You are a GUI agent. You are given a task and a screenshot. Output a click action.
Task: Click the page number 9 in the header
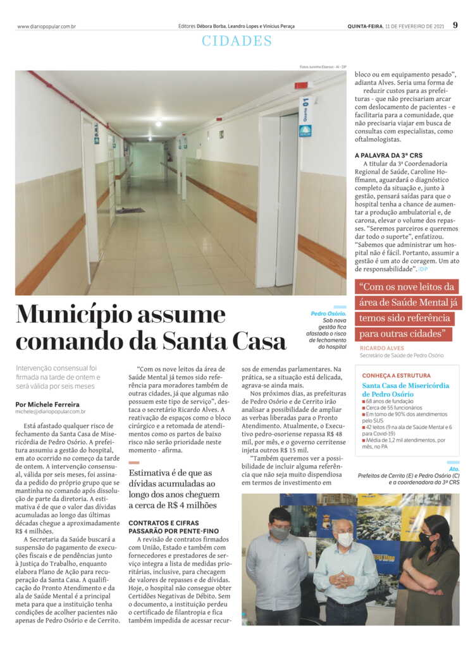(x=455, y=25)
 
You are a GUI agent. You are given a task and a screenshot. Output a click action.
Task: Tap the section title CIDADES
(x=237, y=41)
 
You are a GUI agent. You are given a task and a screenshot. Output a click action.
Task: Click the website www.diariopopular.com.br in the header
(x=46, y=27)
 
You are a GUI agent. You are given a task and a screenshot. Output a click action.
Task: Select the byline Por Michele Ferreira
(x=48, y=404)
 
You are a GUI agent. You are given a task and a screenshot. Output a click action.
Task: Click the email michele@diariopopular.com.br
(x=51, y=412)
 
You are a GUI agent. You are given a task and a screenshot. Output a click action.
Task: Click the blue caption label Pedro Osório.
(x=328, y=314)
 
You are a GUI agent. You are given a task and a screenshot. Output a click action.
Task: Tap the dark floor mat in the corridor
(x=130, y=210)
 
